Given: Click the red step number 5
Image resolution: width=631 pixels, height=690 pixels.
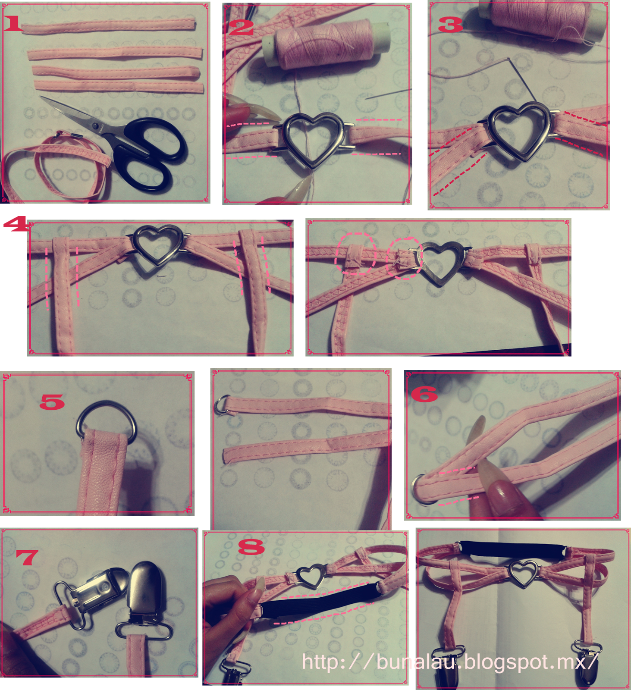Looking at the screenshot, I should coord(52,402).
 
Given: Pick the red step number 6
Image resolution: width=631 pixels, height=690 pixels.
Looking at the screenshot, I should coord(424,394).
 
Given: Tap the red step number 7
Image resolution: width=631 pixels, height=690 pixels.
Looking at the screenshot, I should coord(27,557).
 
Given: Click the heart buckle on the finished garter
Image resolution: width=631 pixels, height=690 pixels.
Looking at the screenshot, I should coord(523,573).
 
